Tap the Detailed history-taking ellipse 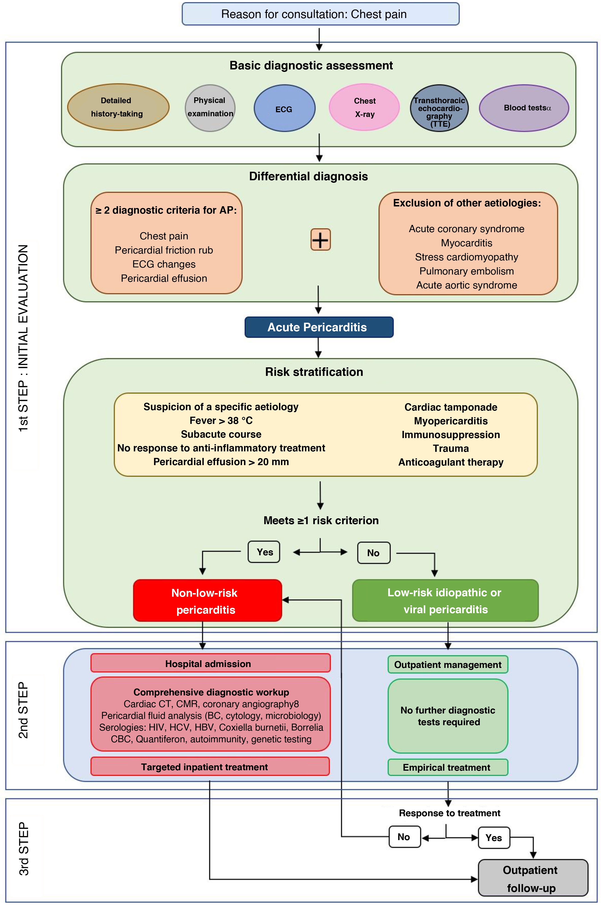118,107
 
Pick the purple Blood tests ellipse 524,108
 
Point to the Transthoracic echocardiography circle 439,108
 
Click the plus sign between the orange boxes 320,240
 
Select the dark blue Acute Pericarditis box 319,327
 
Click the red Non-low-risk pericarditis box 207,600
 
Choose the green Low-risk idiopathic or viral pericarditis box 445,600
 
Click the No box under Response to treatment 404,837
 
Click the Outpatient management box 448,664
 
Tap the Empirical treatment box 448,767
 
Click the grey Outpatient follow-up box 533,878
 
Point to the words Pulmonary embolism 466,271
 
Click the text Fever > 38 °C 221,421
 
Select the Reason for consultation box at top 320,14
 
